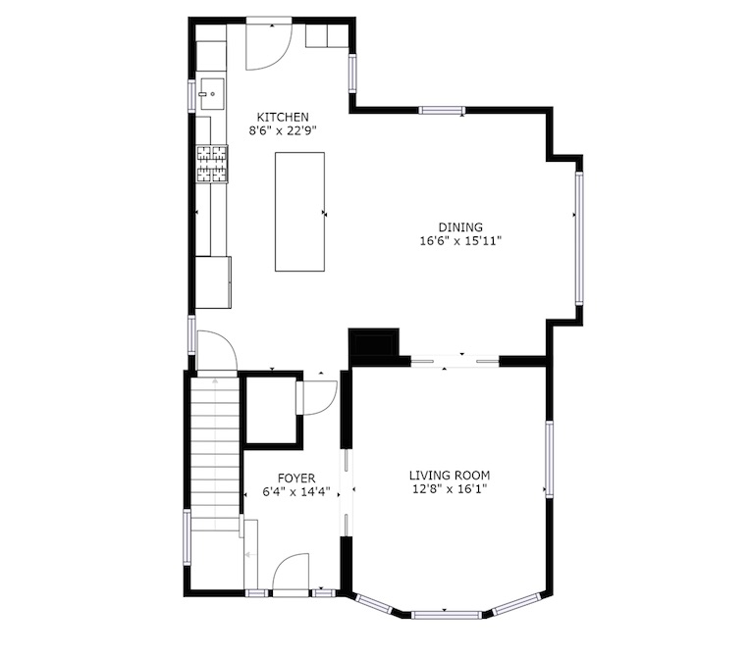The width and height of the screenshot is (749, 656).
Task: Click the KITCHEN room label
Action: pyautogui.click(x=283, y=117)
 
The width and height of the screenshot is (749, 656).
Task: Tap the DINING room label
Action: pyautogui.click(x=460, y=227)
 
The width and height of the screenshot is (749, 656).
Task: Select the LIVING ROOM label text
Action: pyautogui.click(x=450, y=476)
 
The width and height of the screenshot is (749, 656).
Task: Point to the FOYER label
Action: pyautogui.click(x=296, y=479)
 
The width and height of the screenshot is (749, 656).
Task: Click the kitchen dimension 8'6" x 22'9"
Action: pyautogui.click(x=283, y=130)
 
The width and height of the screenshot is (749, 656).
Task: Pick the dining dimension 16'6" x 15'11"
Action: pyautogui.click(x=460, y=240)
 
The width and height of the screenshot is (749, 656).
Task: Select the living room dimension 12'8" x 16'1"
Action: pyautogui.click(x=450, y=488)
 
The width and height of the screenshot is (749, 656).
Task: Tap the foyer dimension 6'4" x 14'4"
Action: pyautogui.click(x=296, y=491)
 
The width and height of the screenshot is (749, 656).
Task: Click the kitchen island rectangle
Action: pyautogui.click(x=300, y=212)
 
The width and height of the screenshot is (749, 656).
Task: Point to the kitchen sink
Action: pyautogui.click(x=212, y=94)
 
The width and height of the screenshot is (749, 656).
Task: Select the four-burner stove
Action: pyautogui.click(x=212, y=164)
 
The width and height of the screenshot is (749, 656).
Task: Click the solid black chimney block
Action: pyautogui.click(x=374, y=342)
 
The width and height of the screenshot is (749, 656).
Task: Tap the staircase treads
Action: pyautogui.click(x=215, y=453)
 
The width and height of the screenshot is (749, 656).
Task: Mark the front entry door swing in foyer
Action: pyautogui.click(x=291, y=573)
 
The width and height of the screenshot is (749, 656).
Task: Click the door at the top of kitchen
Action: pyautogui.click(x=268, y=46)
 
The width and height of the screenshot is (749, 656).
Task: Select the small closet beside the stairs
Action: pyautogui.click(x=271, y=410)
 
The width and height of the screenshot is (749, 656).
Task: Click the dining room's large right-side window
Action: pyautogui.click(x=579, y=238)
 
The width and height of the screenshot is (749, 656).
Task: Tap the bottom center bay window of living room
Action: pyautogui.click(x=447, y=615)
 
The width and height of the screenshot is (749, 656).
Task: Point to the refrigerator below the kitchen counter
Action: pyautogui.click(x=214, y=282)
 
